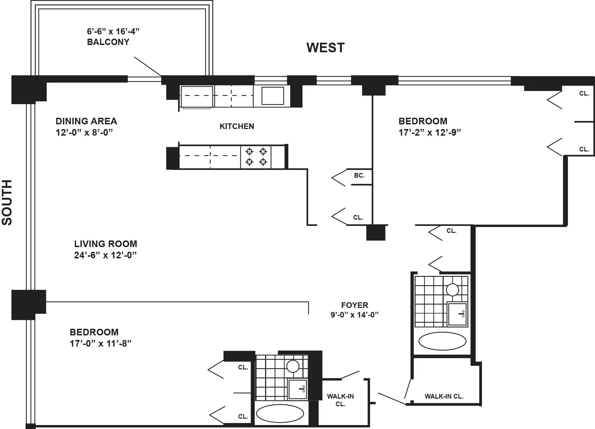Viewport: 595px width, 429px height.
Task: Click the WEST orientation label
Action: tap(325, 48)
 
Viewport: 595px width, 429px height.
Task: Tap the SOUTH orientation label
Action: tap(7, 202)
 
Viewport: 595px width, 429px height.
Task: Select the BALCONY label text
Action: tap(108, 42)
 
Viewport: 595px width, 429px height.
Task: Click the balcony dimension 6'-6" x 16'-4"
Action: tap(113, 31)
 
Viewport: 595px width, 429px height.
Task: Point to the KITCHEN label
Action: tap(237, 126)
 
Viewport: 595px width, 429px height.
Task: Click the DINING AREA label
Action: tap(86, 121)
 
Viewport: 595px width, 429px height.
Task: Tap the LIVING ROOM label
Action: tap(105, 244)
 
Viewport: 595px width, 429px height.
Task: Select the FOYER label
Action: tap(354, 305)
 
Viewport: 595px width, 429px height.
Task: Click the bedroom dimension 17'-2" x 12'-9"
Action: tap(429, 133)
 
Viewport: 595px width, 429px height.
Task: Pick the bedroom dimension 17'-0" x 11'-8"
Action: tap(100, 344)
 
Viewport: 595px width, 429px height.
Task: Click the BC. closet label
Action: tap(359, 176)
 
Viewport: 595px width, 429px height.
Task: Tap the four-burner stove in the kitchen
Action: tap(256, 157)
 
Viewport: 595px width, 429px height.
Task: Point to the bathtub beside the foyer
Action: tap(442, 341)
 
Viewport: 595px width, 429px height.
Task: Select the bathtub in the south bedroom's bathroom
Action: tap(280, 413)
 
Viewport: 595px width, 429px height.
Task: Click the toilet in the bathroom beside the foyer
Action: tap(453, 290)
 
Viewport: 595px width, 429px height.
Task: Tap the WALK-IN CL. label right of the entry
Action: tap(444, 396)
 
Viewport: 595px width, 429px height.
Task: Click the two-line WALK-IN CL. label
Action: tap(340, 400)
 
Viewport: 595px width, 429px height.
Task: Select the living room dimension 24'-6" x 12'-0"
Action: tap(105, 255)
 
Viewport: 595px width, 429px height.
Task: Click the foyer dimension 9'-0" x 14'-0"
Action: tap(354, 315)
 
